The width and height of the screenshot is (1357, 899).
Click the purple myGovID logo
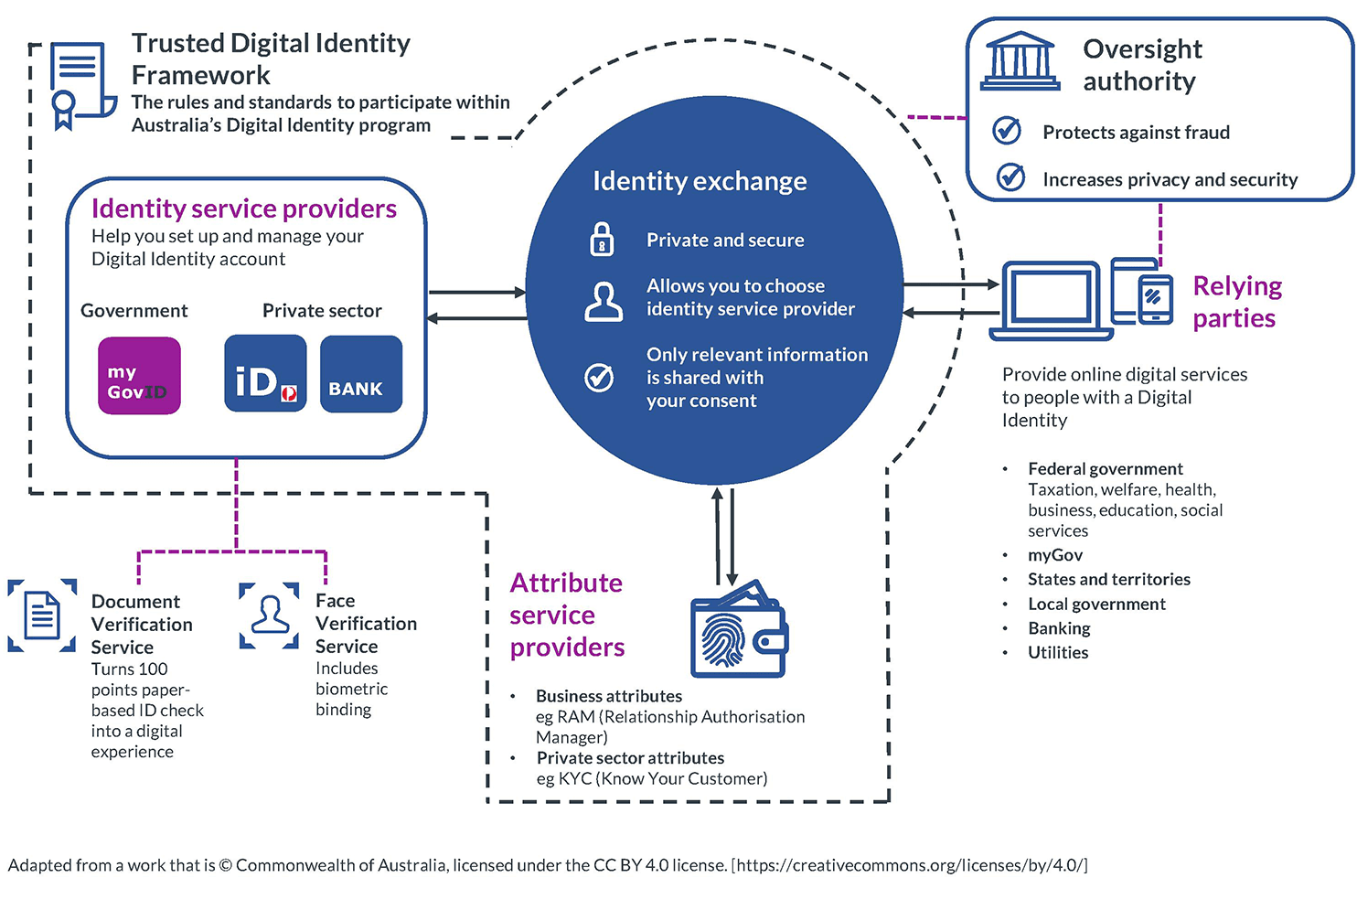139,376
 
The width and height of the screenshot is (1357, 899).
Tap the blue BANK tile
361,374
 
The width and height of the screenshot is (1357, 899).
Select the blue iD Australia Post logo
265,374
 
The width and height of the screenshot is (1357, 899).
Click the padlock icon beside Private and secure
601,239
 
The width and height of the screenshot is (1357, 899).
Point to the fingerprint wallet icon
739,630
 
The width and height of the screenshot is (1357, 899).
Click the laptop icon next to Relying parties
1051,300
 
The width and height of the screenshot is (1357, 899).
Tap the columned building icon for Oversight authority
1020,62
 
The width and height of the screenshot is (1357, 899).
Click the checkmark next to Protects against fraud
1007,131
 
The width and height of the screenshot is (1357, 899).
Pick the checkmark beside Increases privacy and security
1010,177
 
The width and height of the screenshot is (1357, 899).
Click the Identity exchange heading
700,181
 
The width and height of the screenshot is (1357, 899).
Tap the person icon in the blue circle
603,302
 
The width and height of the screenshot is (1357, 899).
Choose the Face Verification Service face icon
270,615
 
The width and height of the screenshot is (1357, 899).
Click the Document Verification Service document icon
42,615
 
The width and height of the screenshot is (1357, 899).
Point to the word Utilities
1058,653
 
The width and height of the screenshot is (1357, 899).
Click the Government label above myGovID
134,311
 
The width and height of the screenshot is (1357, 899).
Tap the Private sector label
322,311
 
